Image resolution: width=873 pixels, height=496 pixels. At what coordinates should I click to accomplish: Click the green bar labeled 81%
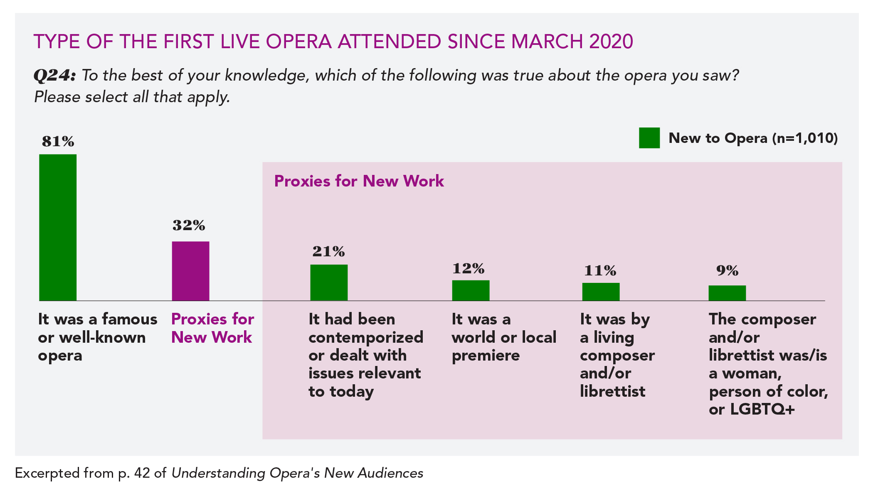(x=58, y=227)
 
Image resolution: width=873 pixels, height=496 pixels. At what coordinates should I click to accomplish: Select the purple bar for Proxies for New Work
(x=190, y=271)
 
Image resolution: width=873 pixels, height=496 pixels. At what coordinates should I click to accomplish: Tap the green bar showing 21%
(x=329, y=282)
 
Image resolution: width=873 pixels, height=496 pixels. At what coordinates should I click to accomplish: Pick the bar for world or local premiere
(x=471, y=290)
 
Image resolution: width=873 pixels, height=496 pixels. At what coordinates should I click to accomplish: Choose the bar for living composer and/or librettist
(x=601, y=292)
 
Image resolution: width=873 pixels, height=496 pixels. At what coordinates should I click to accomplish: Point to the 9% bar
(x=727, y=293)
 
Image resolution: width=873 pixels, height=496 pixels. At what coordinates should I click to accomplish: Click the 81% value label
(x=58, y=142)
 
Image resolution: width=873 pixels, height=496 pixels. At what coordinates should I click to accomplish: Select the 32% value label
(x=189, y=226)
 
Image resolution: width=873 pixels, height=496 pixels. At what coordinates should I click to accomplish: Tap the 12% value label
(x=469, y=269)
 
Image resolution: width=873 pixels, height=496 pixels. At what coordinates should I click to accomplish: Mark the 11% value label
(x=600, y=271)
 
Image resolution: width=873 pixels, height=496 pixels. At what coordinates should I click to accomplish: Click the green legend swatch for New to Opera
(x=649, y=138)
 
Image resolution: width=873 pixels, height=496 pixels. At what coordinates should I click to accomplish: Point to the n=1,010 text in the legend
(x=805, y=138)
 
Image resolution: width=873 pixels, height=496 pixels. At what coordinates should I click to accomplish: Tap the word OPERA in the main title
(x=298, y=42)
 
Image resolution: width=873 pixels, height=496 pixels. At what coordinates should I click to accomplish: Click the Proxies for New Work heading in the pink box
(x=359, y=182)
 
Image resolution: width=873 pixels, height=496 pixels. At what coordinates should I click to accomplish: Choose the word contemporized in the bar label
(x=365, y=337)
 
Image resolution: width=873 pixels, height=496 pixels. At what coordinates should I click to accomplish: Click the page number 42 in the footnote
(x=142, y=473)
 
